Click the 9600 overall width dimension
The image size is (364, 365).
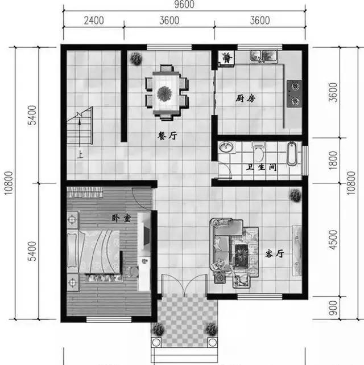coord(184,5)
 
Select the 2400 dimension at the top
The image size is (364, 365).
coord(94,20)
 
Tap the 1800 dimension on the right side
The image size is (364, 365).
coord(333,161)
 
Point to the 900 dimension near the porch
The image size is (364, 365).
coord(333,308)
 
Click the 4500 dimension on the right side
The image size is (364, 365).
coord(333,240)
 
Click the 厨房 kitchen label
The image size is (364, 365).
coord(246,99)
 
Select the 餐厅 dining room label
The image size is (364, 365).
coord(167,136)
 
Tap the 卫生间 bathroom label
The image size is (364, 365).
coord(262,167)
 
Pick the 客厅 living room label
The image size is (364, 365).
coord(275,253)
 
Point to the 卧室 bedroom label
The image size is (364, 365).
coord(121,218)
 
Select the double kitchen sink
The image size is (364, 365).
coord(264,56)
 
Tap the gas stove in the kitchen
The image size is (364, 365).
coord(294,94)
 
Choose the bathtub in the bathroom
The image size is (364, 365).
coord(292,154)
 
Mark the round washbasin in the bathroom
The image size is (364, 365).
coord(226,147)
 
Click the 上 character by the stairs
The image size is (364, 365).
coord(80,154)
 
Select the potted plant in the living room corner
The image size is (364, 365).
coord(296,195)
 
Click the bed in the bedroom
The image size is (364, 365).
coord(94,252)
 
